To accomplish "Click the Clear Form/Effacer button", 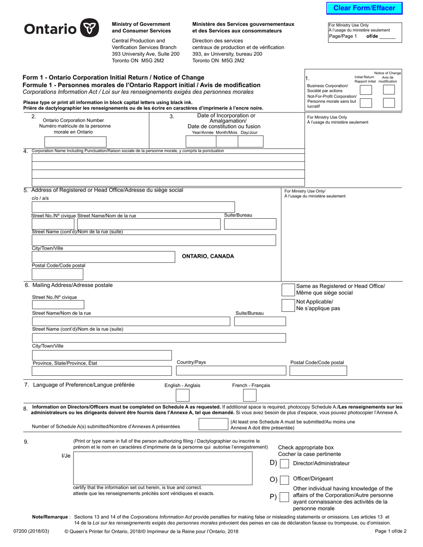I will point(364,8).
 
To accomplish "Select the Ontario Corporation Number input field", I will point(75,142).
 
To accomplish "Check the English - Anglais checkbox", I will point(183,395).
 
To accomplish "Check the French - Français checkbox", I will point(250,395).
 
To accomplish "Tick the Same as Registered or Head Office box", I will point(288,290).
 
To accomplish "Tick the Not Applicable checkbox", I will point(288,305).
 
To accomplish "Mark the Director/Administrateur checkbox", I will point(284,463).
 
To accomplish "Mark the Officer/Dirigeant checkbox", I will point(284,479).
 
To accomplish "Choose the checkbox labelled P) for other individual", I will point(284,497).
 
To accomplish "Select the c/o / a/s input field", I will point(154,207).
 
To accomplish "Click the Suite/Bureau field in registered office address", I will point(249,224).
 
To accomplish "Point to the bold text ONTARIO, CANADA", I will point(208,256).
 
